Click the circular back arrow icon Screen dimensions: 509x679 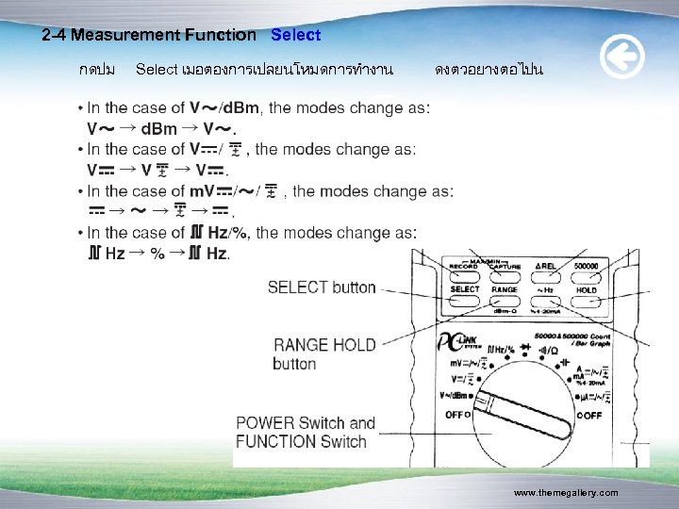(622, 58)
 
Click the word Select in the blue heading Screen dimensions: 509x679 (295, 35)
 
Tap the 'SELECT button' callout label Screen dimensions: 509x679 (322, 287)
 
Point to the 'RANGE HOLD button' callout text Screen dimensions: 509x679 (323, 353)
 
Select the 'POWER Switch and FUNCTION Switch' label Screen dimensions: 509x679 (306, 432)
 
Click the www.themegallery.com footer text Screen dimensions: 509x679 (566, 493)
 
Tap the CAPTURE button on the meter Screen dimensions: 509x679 (505, 268)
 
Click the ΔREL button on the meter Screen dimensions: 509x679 (546, 268)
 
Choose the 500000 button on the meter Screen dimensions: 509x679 (586, 268)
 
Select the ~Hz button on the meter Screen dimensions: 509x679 (546, 290)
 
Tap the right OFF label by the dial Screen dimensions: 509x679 (588, 415)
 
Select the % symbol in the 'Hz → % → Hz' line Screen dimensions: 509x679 (157, 254)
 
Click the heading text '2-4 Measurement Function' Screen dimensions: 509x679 (149, 35)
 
